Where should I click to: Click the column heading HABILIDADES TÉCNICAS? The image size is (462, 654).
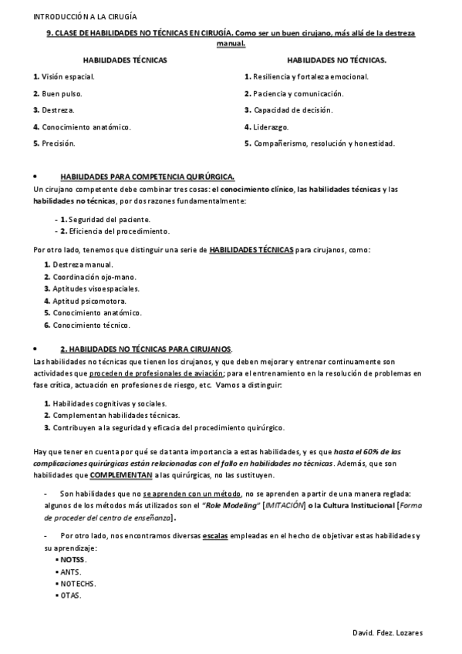125,59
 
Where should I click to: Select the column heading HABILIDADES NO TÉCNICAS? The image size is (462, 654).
337,59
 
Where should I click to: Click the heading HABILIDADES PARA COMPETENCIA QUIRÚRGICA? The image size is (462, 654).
147,177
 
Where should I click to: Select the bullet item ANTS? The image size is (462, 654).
71,571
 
